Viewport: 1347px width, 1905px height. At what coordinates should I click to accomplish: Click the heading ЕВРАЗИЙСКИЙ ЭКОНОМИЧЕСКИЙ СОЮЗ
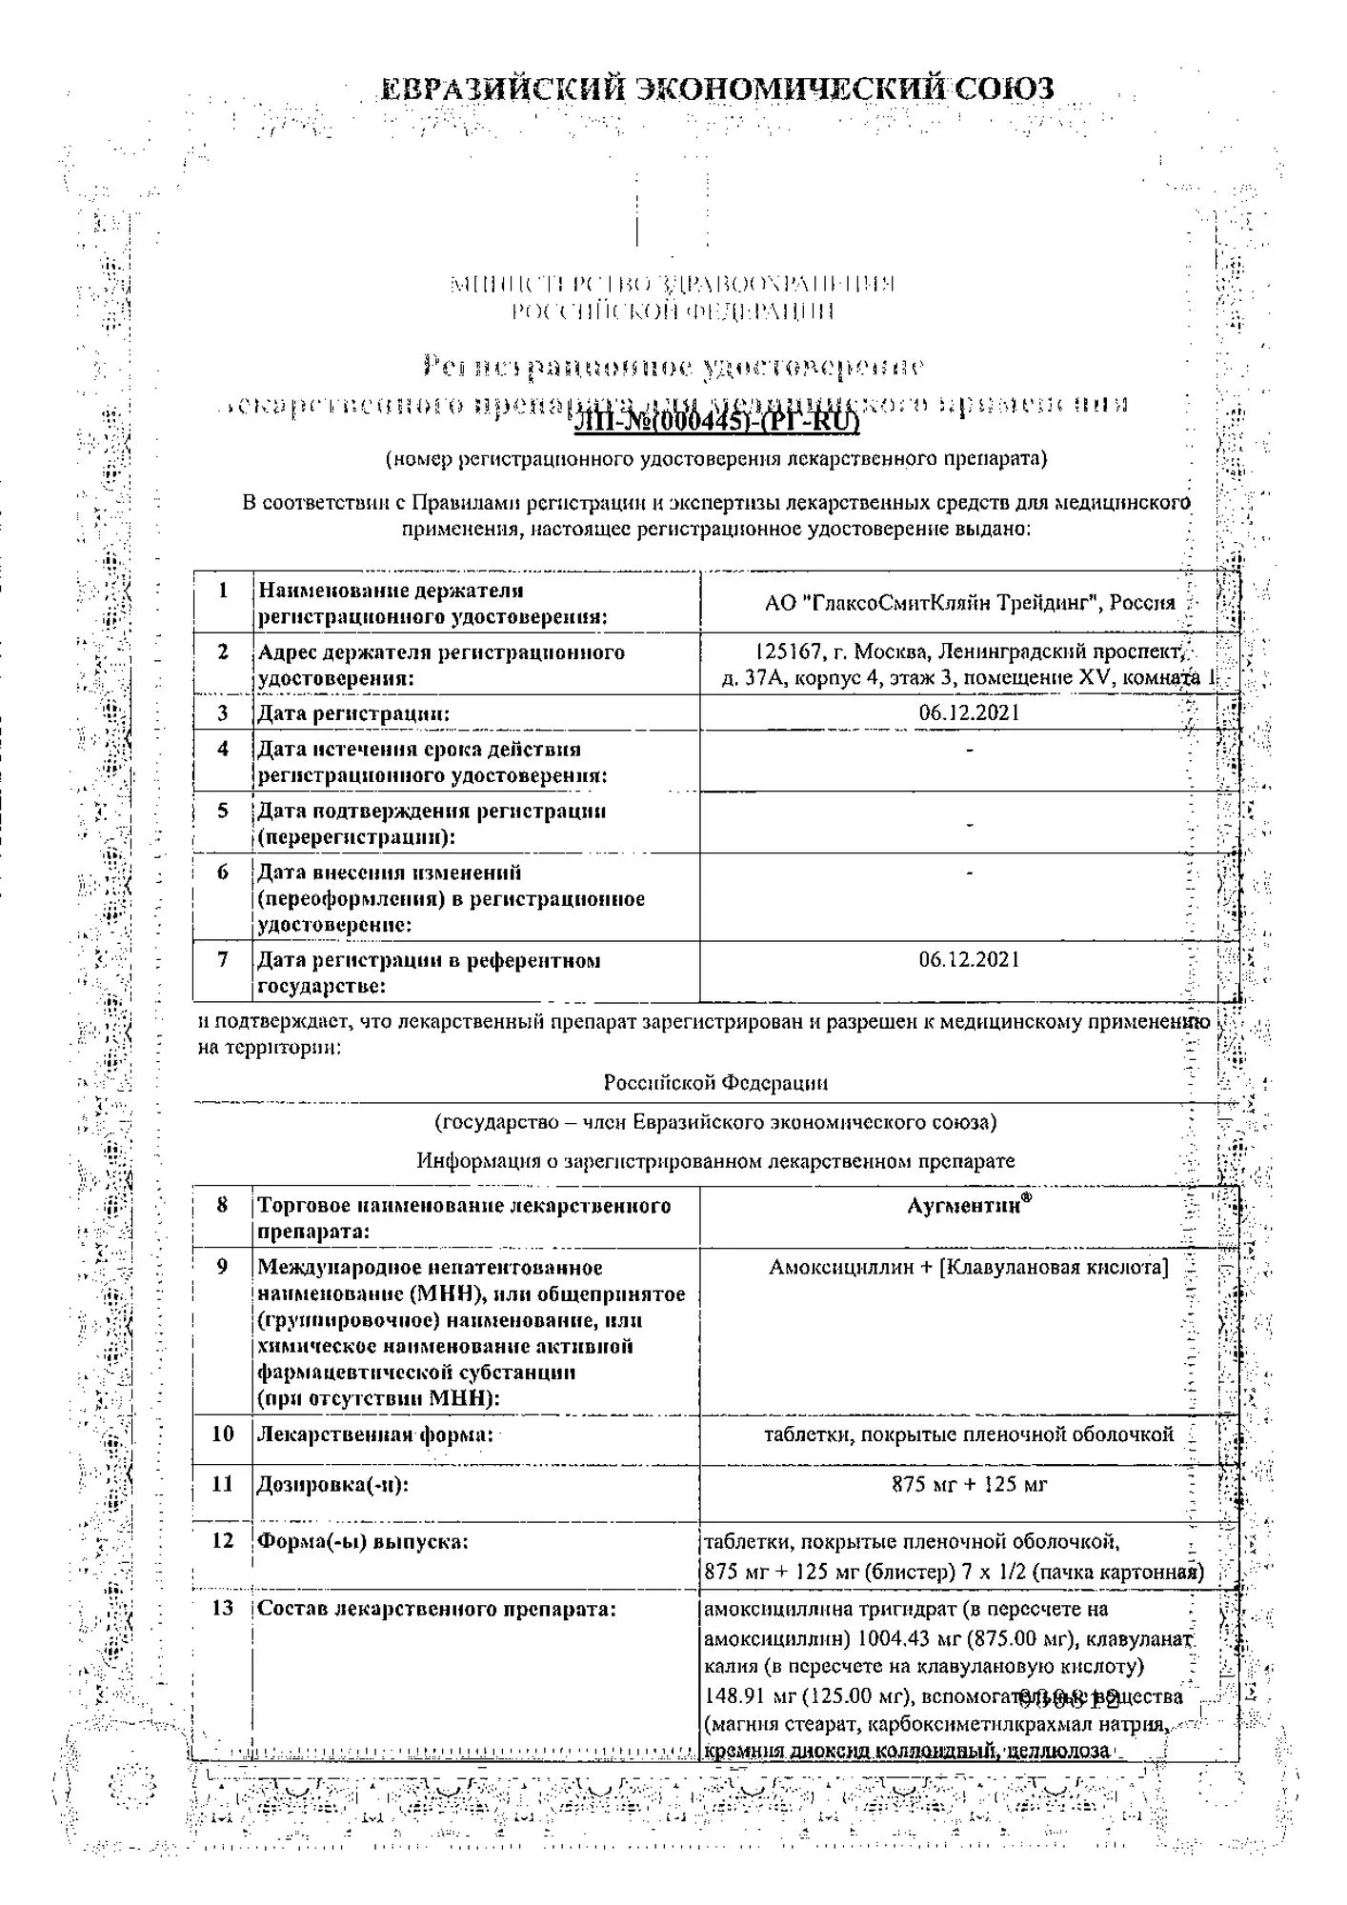[x=716, y=89]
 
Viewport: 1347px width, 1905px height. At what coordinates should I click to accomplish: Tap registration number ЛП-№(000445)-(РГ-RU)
[x=716, y=420]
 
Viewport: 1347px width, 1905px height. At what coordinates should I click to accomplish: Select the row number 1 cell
[x=223, y=591]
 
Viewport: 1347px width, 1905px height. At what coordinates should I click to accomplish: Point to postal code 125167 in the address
[x=788, y=652]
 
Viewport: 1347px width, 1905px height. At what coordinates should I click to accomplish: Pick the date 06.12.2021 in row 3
[x=969, y=712]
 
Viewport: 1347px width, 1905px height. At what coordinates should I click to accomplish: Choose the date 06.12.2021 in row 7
[x=969, y=959]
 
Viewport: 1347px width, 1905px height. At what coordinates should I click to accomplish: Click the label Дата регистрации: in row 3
[x=353, y=713]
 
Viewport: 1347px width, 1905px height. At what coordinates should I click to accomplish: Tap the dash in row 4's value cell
[x=969, y=751]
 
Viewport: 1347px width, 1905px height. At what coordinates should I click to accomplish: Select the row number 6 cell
[x=223, y=872]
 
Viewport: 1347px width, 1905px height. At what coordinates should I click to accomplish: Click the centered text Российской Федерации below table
[x=715, y=1083]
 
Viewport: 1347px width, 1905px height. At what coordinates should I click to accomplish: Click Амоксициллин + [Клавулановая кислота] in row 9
[x=969, y=1268]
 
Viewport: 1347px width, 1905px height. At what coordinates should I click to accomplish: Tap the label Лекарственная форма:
[x=375, y=1434]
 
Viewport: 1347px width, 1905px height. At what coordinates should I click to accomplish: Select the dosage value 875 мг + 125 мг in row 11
[x=969, y=1484]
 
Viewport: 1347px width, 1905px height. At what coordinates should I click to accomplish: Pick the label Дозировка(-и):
[x=332, y=1484]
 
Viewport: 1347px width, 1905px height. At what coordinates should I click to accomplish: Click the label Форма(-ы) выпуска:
[x=363, y=1540]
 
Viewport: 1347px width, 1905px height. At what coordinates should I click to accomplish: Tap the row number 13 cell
[x=223, y=1609]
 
